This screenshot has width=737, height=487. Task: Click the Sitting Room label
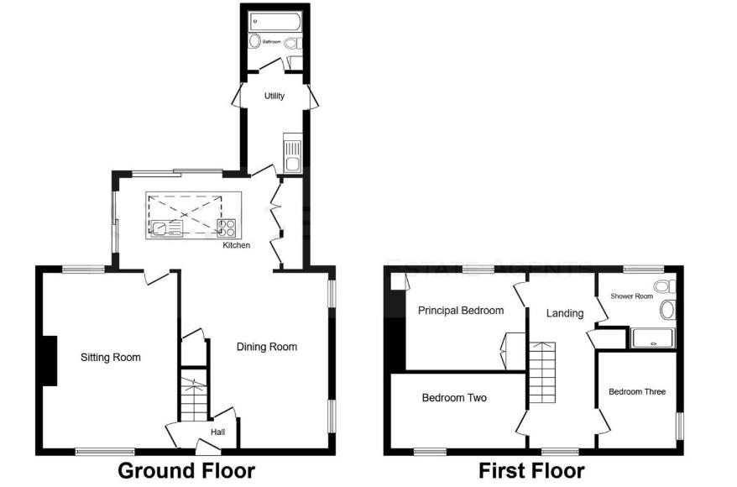coord(110,358)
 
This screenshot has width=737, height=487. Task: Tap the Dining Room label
coord(266,347)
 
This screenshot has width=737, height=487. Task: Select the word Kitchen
coord(236,246)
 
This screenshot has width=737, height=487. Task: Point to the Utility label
coord(274,97)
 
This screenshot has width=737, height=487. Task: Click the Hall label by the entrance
coord(217,432)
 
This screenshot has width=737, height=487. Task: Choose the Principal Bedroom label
coord(461,311)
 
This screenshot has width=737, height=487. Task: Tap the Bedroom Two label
coord(454,398)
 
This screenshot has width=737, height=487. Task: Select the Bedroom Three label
coord(637,392)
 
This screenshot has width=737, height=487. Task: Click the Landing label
coord(565,314)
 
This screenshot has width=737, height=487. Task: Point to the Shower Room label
coord(631,296)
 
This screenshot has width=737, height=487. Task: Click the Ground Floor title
coord(186,470)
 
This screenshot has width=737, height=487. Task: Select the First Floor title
coord(531,470)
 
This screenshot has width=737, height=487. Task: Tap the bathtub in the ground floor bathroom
coord(274,22)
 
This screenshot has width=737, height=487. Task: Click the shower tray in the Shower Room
coord(652,338)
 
